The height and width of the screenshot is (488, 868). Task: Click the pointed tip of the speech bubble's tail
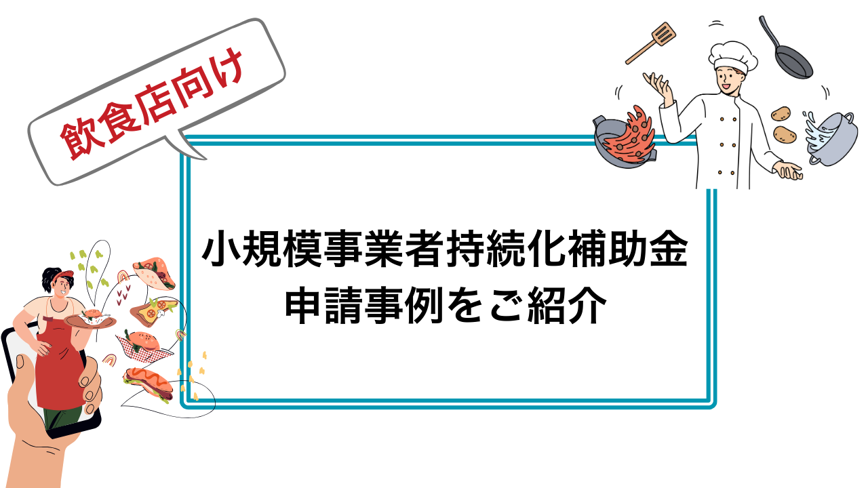pyautogui.click(x=205, y=159)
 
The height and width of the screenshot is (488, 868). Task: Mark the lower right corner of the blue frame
pyautogui.click(x=715, y=408)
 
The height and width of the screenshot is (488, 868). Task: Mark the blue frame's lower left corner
pyautogui.click(x=181, y=408)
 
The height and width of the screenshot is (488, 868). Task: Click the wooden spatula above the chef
pyautogui.click(x=650, y=43)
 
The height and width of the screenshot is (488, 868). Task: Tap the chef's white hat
pyautogui.click(x=733, y=58)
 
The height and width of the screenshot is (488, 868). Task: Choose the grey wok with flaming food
pyautogui.click(x=625, y=137)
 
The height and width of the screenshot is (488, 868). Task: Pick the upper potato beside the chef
pyautogui.click(x=781, y=113)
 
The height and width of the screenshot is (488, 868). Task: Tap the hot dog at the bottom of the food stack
pyautogui.click(x=148, y=383)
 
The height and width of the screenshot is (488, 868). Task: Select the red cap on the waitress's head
pyautogui.click(x=64, y=275)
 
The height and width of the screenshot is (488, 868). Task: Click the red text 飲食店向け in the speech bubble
pyautogui.click(x=152, y=104)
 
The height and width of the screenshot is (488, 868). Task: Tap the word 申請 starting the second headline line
pyautogui.click(x=323, y=306)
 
